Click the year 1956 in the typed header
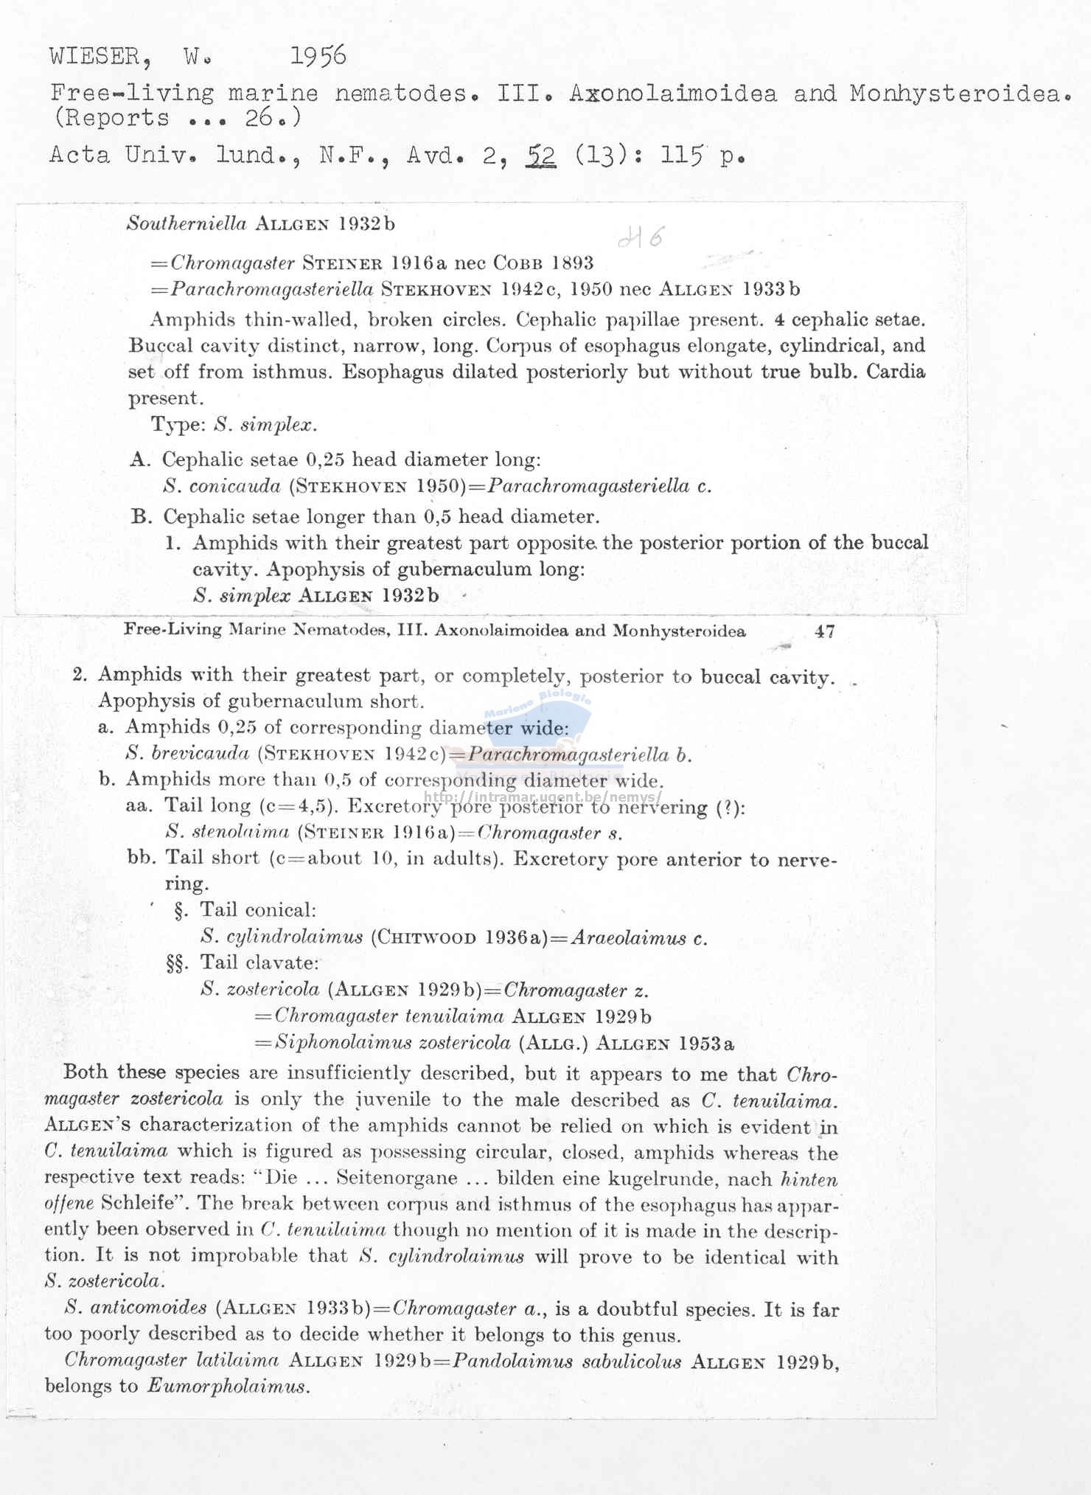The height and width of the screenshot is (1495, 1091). (x=318, y=56)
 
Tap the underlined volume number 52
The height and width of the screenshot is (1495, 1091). (x=541, y=156)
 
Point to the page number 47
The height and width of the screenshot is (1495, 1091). (x=824, y=631)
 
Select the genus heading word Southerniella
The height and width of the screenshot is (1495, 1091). (x=187, y=224)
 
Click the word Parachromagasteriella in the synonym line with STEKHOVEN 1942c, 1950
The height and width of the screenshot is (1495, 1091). (x=272, y=289)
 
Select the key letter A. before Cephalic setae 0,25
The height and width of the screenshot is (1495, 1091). (x=141, y=460)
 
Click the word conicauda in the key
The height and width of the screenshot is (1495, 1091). (x=234, y=487)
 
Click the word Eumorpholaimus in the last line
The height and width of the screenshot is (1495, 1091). (x=226, y=1386)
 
